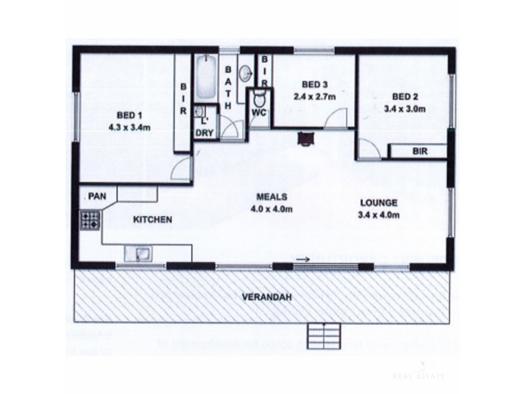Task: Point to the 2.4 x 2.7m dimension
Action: (314, 97)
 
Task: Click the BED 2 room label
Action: (403, 95)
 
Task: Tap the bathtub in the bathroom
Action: (204, 80)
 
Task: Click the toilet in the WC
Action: (259, 100)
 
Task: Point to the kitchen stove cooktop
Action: (89, 219)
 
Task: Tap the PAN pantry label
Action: (98, 196)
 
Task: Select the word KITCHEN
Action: (154, 220)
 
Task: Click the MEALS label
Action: (271, 198)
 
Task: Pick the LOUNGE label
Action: (379, 203)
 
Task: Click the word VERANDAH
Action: (266, 297)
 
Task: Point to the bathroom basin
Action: (244, 73)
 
